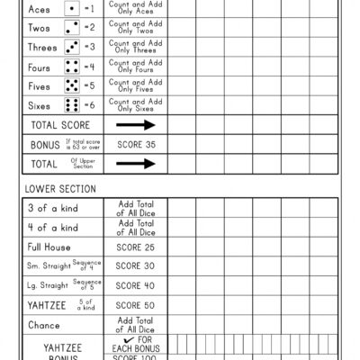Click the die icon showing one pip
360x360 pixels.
(x=72, y=8)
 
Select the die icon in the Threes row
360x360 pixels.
(x=72, y=47)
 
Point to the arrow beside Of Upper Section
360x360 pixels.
(x=136, y=163)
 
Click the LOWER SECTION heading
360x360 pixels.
(x=61, y=188)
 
